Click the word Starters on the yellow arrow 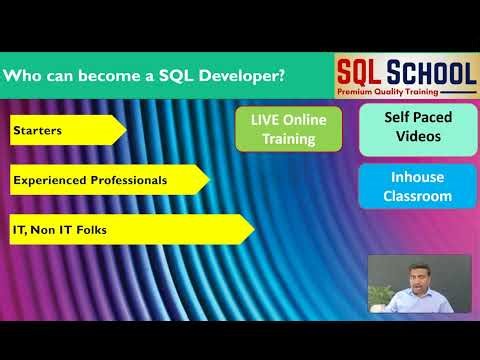[x=37, y=130]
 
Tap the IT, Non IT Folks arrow [x=130, y=230]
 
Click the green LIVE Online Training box [x=288, y=130]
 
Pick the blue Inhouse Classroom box [x=418, y=186]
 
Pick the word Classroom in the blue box [x=418, y=196]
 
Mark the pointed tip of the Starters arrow [x=125, y=130]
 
